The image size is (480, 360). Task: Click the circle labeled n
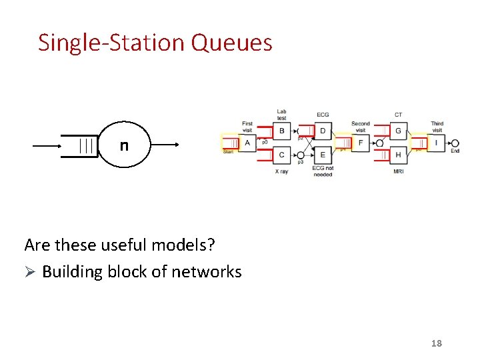pyautogui.click(x=125, y=145)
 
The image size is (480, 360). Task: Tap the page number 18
pyautogui.click(x=437, y=343)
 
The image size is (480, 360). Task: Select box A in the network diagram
pyautogui.click(x=247, y=143)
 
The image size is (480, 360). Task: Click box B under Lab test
pyautogui.click(x=282, y=131)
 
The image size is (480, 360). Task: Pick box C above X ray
pyautogui.click(x=282, y=155)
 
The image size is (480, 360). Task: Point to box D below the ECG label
pyautogui.click(x=323, y=131)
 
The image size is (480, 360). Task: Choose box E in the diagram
pyautogui.click(x=323, y=155)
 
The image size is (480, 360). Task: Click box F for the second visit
pyautogui.click(x=360, y=143)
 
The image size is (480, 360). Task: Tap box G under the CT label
pyautogui.click(x=398, y=131)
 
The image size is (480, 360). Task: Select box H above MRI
pyautogui.click(x=398, y=155)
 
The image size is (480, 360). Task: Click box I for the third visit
pyautogui.click(x=436, y=143)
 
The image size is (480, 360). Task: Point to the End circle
pyautogui.click(x=455, y=143)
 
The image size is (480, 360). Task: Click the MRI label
pyautogui.click(x=398, y=171)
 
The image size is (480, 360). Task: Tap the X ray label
pyautogui.click(x=281, y=171)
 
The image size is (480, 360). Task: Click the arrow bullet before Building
pyautogui.click(x=29, y=272)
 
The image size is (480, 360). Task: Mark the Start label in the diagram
pyautogui.click(x=228, y=152)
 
